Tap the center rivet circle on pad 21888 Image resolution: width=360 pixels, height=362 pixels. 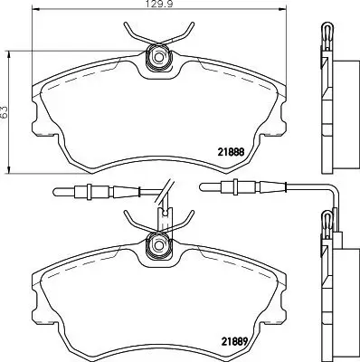159,58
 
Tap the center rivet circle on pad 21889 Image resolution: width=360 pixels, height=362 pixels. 159,243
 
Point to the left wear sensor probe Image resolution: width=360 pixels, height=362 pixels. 81,190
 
